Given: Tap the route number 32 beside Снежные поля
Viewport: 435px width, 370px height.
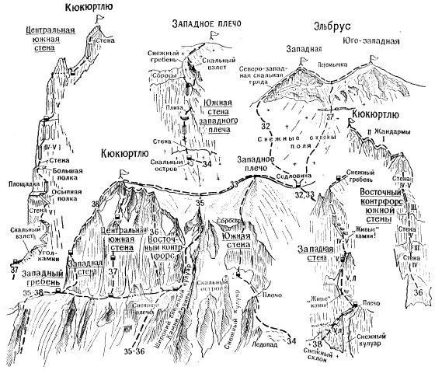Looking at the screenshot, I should (266, 124).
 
